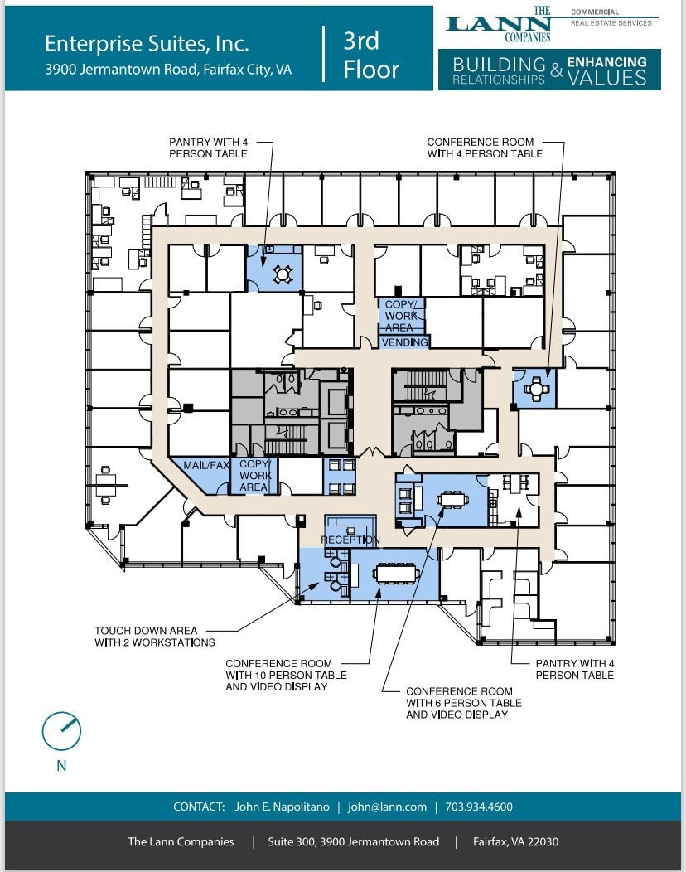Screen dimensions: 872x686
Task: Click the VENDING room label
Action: coord(405,342)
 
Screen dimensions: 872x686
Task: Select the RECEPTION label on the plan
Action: coord(350,540)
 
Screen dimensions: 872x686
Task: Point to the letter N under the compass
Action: coord(61,766)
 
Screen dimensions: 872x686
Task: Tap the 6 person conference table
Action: coord(452,499)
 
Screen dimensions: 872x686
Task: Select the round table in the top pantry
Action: coord(282,272)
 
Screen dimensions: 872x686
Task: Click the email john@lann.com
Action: coord(387,807)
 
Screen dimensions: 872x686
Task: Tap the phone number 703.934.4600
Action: coord(479,807)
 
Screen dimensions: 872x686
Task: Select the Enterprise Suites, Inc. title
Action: coord(147,43)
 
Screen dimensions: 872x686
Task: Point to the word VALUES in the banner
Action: coord(606,77)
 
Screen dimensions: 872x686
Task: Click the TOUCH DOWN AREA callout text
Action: coord(146,631)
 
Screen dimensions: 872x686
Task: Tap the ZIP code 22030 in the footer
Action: coord(543,841)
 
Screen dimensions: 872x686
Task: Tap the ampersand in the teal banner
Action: coord(556,72)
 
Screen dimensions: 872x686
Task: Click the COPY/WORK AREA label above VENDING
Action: coord(402,316)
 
